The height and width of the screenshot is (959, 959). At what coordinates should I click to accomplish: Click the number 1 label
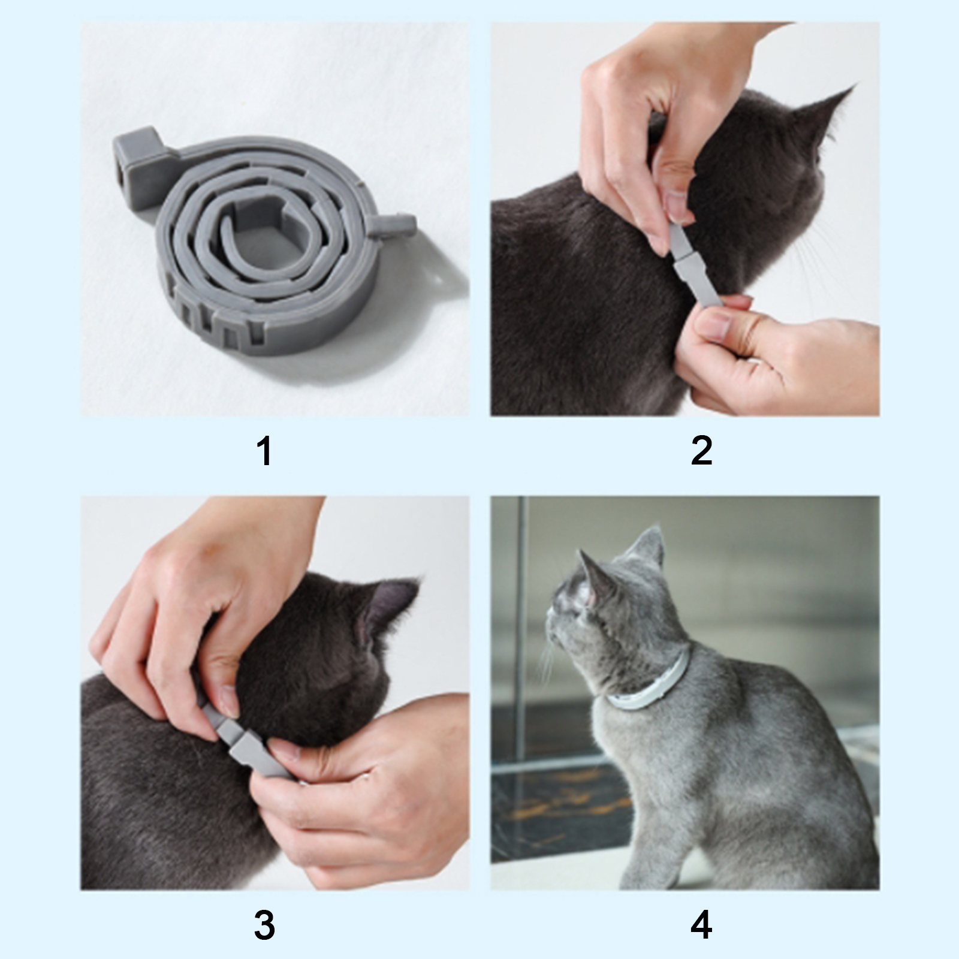click(264, 451)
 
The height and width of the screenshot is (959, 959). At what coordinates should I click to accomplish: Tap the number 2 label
click(702, 451)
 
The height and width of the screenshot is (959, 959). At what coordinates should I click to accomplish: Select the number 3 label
click(264, 925)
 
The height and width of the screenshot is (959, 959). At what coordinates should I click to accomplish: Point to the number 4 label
click(702, 925)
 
